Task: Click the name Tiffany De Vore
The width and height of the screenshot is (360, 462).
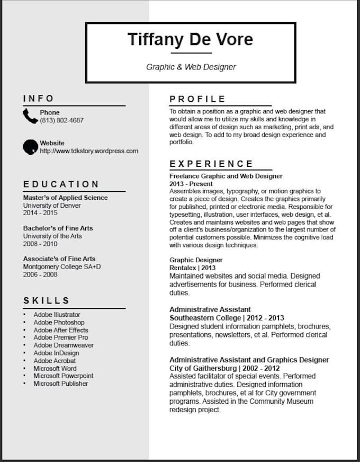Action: pos(190,39)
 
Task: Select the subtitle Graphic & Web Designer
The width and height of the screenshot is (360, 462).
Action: pos(191,67)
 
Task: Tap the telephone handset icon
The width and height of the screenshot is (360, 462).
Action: pos(30,116)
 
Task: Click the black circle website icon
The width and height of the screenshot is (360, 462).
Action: pos(30,147)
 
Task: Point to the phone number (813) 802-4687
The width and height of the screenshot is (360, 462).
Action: pos(61,120)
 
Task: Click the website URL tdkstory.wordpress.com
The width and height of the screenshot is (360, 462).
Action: pos(89,151)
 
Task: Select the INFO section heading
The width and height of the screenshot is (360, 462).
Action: pos(39,99)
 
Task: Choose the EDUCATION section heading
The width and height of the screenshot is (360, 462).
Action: pos(61,184)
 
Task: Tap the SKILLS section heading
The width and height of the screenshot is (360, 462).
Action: pos(47,301)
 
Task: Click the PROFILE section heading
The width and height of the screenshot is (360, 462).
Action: pos(197,99)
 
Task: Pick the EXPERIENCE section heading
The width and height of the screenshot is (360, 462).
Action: pos(211,164)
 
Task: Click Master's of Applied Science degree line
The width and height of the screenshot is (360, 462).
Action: pos(65,198)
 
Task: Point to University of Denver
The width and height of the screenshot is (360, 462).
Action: pos(52,205)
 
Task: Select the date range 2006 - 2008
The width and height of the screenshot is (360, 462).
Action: pos(40,274)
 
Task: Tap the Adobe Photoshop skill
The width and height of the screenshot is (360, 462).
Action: pos(59,322)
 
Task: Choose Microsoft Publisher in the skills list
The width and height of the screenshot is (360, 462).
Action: pos(61,384)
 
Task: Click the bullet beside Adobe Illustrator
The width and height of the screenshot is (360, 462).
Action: pos(24,315)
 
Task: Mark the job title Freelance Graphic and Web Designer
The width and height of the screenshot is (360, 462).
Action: pos(226,176)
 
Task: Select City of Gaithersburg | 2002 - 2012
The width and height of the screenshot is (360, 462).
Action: pos(224,368)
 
